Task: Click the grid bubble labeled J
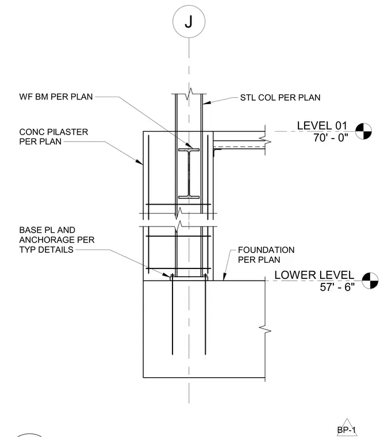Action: pos(189,21)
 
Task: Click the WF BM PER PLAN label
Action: pos(56,97)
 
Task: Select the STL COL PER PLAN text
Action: pos(280,98)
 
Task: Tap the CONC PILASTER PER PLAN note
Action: pos(53,137)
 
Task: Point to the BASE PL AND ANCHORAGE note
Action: pos(57,240)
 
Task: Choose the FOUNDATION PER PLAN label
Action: pos(266,255)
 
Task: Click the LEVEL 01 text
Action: pos(322,126)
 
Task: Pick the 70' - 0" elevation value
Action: pos(331,137)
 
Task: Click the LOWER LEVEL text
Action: pos(314,275)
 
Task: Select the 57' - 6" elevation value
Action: pos(337,287)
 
